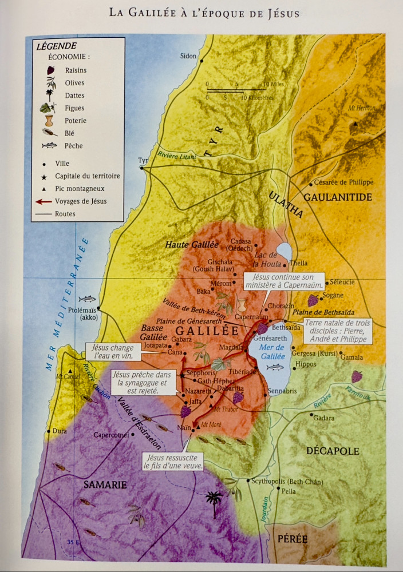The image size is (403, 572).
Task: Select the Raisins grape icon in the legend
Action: tap(50, 70)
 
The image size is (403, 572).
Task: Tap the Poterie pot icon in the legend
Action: tap(50, 121)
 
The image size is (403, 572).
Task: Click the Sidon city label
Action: tap(188, 56)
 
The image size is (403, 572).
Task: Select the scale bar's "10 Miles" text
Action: tap(273, 85)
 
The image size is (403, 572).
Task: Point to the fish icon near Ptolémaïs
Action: tap(87, 299)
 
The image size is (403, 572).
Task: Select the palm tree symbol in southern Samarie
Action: tap(215, 502)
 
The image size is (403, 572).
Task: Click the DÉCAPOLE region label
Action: tap(333, 451)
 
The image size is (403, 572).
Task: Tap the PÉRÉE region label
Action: tap(293, 539)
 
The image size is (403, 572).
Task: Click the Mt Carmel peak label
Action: tap(68, 376)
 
